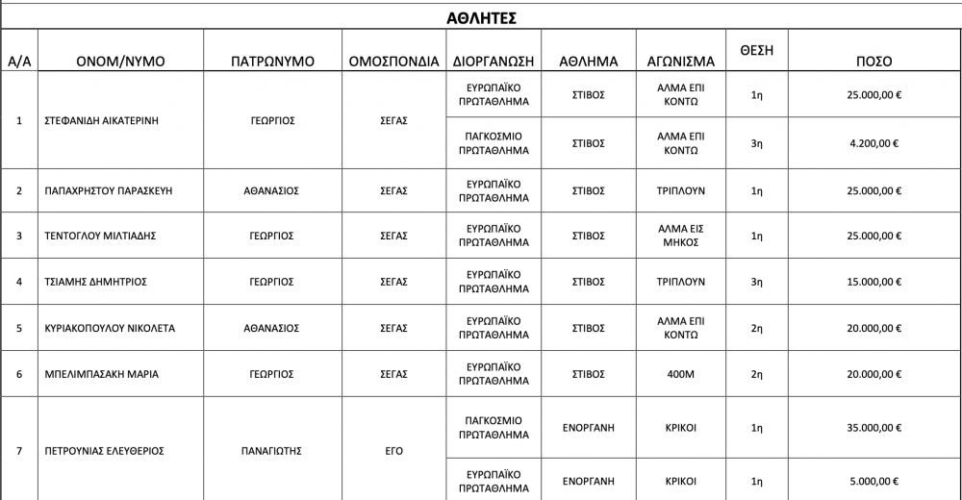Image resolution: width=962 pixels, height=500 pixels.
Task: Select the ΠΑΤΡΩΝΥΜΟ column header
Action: click(273, 61)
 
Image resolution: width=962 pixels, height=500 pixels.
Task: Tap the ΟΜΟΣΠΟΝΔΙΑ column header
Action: click(394, 61)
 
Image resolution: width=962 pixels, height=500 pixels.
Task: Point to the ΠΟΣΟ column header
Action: click(873, 61)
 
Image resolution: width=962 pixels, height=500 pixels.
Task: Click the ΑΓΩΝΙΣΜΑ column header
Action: click(681, 61)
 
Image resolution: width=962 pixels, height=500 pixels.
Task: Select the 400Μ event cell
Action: click(681, 373)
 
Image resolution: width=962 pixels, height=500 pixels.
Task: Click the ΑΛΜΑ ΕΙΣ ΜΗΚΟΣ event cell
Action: click(681, 236)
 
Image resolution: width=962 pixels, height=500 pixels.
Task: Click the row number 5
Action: click(20, 327)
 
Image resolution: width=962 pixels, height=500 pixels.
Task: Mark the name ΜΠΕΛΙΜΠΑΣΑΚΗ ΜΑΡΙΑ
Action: click(101, 373)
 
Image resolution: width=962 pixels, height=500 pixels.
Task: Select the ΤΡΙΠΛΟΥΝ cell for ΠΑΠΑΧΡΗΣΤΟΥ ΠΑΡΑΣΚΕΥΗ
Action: click(681, 190)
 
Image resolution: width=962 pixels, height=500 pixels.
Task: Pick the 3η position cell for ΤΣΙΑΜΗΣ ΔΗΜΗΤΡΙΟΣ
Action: click(756, 282)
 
